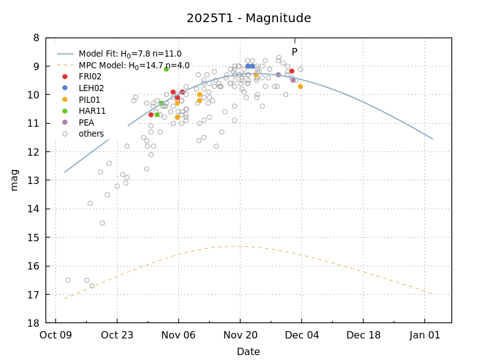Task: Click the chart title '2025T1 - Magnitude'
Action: point(248,18)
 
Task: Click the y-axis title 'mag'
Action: point(14,180)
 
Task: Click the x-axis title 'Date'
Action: point(248,352)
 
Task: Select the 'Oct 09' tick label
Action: point(55,335)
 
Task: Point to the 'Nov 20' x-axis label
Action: point(240,335)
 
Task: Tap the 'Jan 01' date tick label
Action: point(424,335)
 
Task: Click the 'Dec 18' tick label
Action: point(363,335)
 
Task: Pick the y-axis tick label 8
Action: point(36,38)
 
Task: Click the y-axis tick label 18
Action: point(33,323)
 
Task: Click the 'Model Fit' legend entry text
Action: point(130,54)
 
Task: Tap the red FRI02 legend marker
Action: point(65,77)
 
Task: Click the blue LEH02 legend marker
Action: point(65,88)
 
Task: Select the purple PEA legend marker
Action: point(65,122)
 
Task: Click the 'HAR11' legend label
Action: point(92,111)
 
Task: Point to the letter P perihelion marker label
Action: point(294,52)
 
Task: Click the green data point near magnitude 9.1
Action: point(166,69)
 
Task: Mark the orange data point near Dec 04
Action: point(300,86)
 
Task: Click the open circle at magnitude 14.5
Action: point(102,223)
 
